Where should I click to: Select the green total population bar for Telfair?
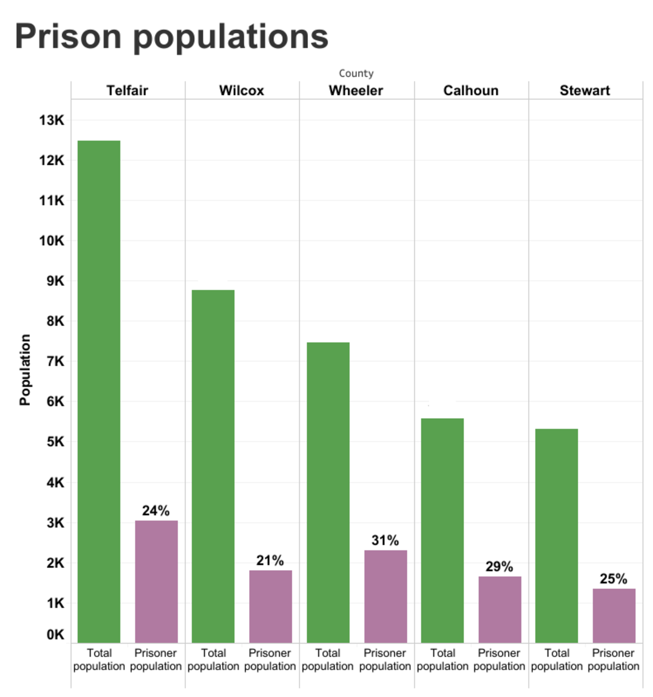pyautogui.click(x=99, y=391)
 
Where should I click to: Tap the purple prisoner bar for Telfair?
pyautogui.click(x=156, y=581)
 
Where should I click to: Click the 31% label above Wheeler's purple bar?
pyautogui.click(x=385, y=540)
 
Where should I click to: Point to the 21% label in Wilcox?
pyautogui.click(x=270, y=560)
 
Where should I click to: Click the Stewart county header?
pyautogui.click(x=585, y=91)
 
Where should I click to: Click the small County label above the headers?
pyautogui.click(x=356, y=73)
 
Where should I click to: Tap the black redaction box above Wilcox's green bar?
pyautogui.click(x=212, y=279)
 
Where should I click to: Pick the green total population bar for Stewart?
pyautogui.click(x=556, y=535)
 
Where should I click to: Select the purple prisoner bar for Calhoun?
pyautogui.click(x=500, y=609)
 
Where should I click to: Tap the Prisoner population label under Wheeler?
pyautogui.click(x=385, y=660)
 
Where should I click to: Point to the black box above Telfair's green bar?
pyautogui.click(x=98, y=130)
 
